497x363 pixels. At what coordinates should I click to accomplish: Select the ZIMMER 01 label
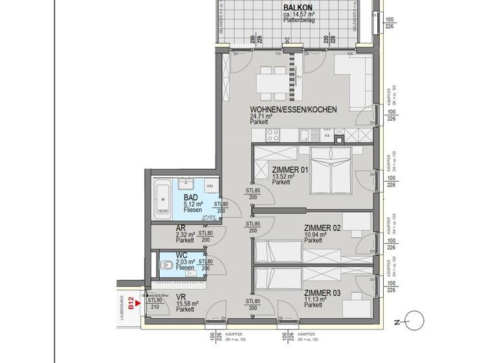click(290, 170)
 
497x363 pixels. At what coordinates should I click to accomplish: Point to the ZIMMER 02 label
click(322, 228)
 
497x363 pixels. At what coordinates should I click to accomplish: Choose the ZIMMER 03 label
click(322, 292)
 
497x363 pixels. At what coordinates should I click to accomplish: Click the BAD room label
click(191, 198)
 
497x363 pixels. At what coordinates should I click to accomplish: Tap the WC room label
click(182, 255)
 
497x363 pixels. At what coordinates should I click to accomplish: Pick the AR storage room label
click(181, 228)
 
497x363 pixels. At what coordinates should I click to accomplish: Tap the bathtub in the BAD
click(162, 200)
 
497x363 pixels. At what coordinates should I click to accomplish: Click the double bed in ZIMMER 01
click(331, 170)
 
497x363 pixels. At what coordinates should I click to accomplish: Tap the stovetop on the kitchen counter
click(272, 135)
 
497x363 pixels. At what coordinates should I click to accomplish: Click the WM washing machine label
click(210, 186)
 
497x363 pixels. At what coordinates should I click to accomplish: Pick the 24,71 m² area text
click(263, 117)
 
